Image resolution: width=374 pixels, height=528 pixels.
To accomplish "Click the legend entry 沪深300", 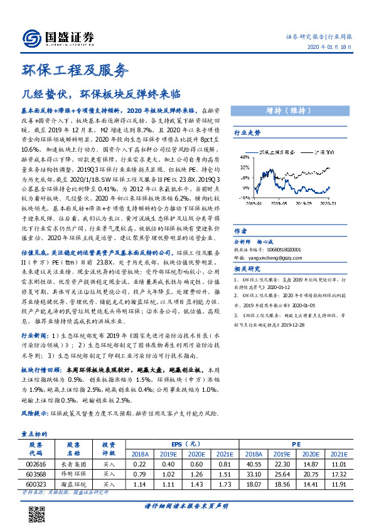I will [x=323, y=152].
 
